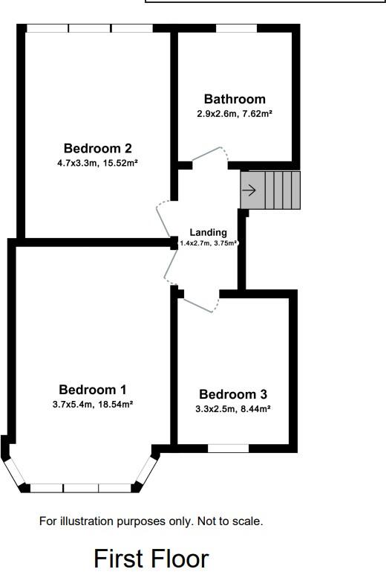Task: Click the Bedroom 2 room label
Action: [x=92, y=147]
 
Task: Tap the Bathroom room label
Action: [x=235, y=99]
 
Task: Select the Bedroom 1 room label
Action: [x=93, y=389]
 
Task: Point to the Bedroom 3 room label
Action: [x=233, y=394]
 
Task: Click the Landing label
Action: [x=208, y=232]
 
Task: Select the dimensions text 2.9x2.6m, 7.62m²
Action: [x=235, y=113]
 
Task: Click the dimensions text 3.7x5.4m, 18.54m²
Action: [x=93, y=404]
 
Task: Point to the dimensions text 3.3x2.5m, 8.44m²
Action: [x=233, y=408]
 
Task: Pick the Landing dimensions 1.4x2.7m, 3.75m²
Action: [x=209, y=242]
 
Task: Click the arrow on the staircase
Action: [x=249, y=190]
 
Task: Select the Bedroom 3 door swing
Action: [x=200, y=301]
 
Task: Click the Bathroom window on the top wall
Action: [x=237, y=28]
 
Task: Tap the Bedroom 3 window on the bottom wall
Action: [x=228, y=449]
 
